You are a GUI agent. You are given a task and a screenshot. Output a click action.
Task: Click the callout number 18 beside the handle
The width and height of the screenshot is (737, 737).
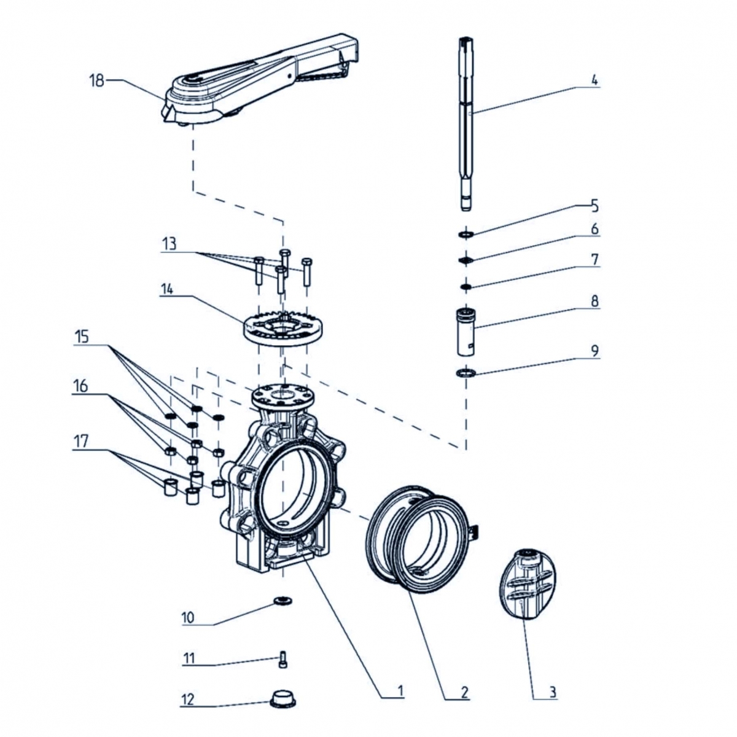point(97,80)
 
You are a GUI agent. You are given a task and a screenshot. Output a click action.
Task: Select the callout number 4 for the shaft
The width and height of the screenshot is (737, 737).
point(594,80)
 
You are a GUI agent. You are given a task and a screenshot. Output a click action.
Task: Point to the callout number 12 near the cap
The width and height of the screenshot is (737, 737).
point(187,700)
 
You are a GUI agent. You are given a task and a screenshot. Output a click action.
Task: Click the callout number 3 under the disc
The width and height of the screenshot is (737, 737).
point(552,692)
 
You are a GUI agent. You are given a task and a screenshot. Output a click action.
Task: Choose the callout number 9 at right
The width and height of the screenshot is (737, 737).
point(594,351)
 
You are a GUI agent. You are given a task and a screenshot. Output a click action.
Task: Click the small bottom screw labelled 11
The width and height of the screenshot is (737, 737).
point(283,661)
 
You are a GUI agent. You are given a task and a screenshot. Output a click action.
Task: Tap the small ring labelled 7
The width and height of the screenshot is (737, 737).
point(466,287)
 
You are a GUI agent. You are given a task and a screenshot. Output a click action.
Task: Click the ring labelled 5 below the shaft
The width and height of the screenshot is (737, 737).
point(466,233)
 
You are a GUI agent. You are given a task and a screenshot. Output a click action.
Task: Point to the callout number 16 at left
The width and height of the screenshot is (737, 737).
point(80,387)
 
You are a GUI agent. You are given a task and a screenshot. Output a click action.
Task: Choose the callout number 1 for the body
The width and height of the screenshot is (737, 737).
point(400,692)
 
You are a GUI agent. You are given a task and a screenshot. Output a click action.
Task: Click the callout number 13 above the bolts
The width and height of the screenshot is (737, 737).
point(168,243)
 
